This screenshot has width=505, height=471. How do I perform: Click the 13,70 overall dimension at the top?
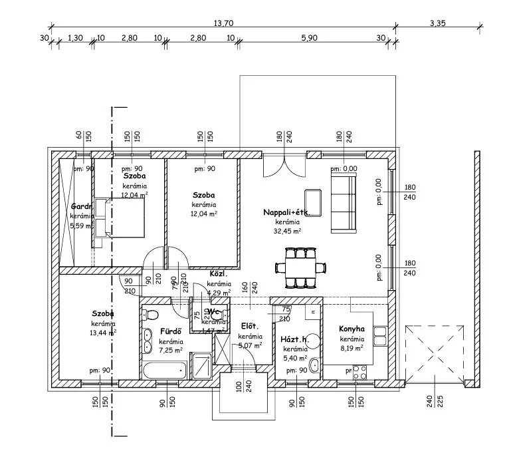pyautogui.click(x=223, y=23)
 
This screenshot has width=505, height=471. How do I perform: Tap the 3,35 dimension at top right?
pyautogui.click(x=437, y=23)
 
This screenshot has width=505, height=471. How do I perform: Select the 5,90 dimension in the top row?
pyautogui.click(x=308, y=38)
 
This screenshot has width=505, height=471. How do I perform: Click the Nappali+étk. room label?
pyautogui.click(x=286, y=212)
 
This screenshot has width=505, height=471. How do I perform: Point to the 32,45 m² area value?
pyautogui.click(x=288, y=231)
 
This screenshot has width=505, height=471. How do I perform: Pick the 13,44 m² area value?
pyautogui.click(x=103, y=333)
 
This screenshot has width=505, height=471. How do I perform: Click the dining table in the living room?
pyautogui.click(x=301, y=267)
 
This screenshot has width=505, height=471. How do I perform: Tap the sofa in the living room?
pyautogui.click(x=343, y=199)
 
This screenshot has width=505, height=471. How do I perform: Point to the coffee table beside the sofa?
pyautogui.click(x=313, y=203)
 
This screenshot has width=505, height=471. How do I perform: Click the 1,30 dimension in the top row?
pyautogui.click(x=76, y=38)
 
